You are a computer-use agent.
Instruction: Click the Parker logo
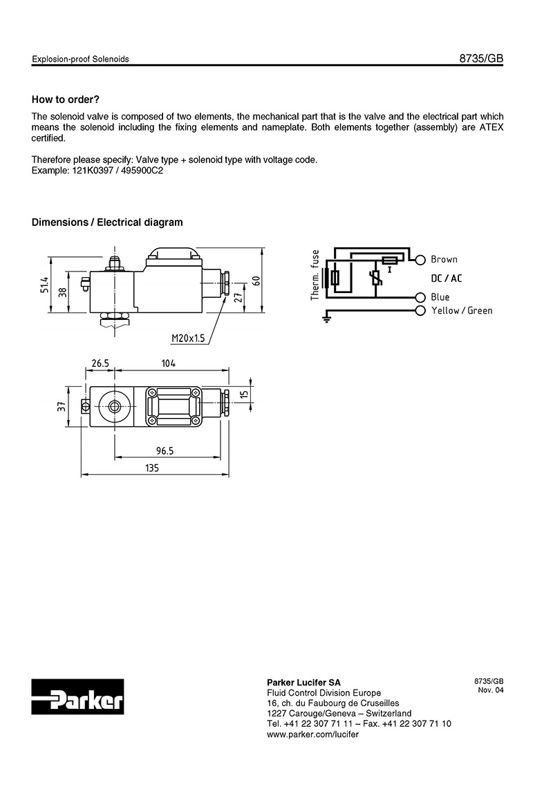pos(77,699)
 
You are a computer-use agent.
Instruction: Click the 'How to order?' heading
pos(66,99)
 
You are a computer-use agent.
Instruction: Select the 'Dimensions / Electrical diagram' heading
pos(107,222)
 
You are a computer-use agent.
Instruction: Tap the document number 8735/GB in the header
pos(481,59)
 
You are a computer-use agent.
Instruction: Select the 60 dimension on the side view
pos(256,281)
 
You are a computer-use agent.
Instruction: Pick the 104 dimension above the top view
pos(169,363)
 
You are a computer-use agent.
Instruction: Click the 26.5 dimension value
pos(102,363)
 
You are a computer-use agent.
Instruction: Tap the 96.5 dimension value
pos(164,451)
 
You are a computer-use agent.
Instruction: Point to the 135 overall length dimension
pos(152,468)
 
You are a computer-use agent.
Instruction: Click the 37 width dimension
pos(61,407)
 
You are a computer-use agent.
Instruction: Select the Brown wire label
pos(444,260)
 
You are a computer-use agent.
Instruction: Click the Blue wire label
pos(440,297)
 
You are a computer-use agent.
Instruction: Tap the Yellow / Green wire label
pos(462,311)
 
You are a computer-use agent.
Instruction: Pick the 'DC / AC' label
pos(446,278)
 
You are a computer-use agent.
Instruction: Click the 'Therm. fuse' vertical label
pos(315,275)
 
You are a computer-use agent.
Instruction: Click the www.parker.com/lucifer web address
pos(312,734)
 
